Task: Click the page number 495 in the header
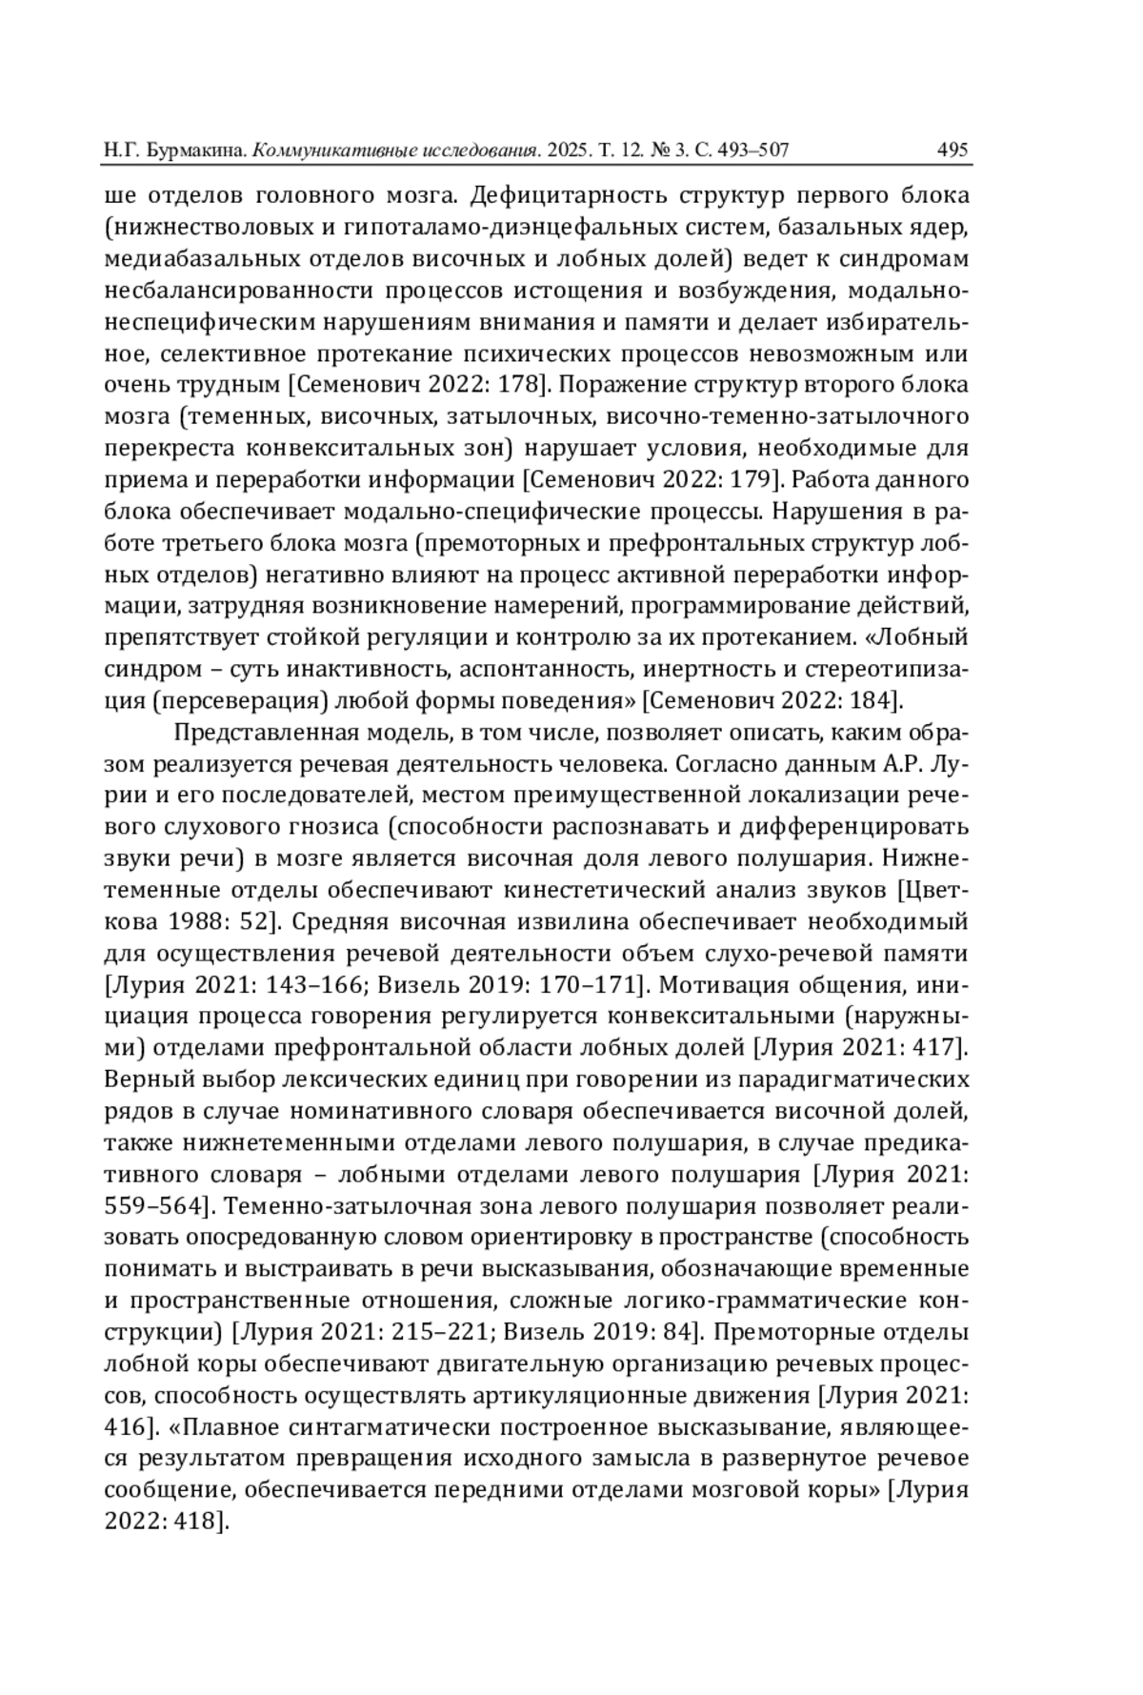tap(952, 150)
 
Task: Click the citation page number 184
tap(868, 700)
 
